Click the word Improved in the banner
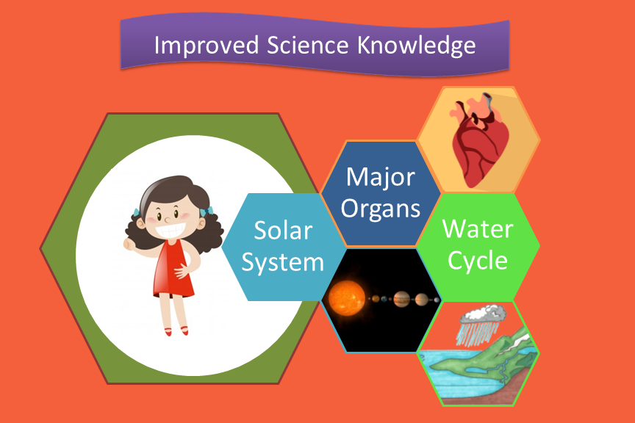click(x=206, y=46)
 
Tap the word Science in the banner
click(x=307, y=45)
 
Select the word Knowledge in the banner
click(x=416, y=46)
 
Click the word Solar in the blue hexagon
click(x=283, y=231)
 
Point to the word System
click(x=283, y=263)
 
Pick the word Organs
click(x=381, y=209)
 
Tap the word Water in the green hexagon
click(x=478, y=228)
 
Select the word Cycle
click(x=478, y=260)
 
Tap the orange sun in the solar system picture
click(x=347, y=297)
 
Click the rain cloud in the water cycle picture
click(x=483, y=314)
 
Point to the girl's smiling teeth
click(x=171, y=231)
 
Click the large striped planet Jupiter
click(x=402, y=299)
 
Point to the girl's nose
click(x=167, y=220)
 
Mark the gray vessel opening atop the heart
click(x=487, y=97)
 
